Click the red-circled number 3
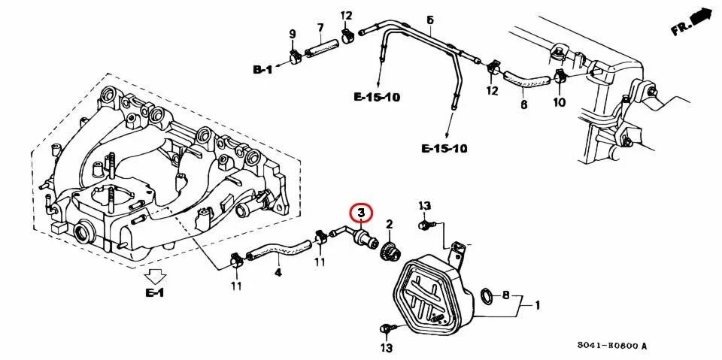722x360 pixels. click(x=362, y=213)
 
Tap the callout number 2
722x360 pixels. click(x=389, y=225)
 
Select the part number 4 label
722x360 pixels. click(x=278, y=273)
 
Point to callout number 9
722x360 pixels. click(x=292, y=34)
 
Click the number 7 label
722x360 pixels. click(x=320, y=28)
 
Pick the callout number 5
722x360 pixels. click(x=430, y=20)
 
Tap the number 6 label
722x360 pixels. click(x=524, y=104)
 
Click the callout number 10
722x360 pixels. click(x=559, y=101)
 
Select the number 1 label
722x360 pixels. click(x=537, y=305)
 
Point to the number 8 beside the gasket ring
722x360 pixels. click(x=505, y=295)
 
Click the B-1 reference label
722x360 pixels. click(x=263, y=70)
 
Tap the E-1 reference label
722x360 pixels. click(x=155, y=292)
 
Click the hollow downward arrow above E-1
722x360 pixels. click(x=155, y=277)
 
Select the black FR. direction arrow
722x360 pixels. click(x=700, y=17)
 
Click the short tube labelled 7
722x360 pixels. click(x=323, y=49)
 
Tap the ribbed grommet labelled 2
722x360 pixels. click(x=390, y=252)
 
